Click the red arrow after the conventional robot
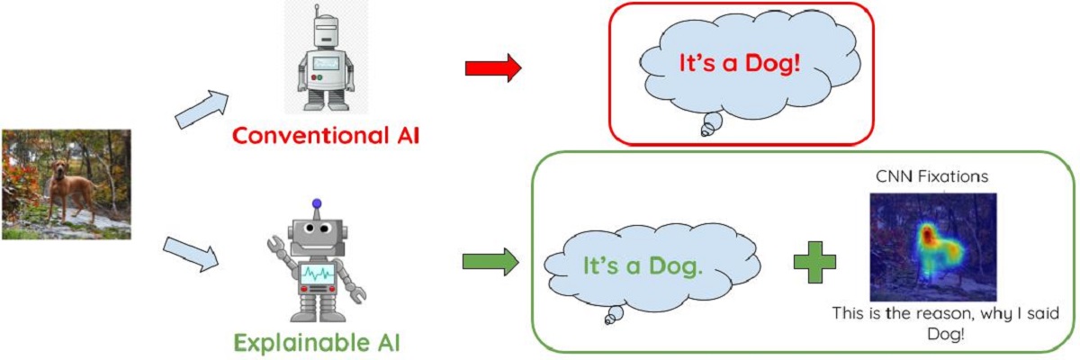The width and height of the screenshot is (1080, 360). [492, 67]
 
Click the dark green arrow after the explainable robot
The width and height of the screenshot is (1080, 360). [490, 263]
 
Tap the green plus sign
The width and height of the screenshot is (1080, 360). [814, 261]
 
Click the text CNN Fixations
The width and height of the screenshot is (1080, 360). [931, 178]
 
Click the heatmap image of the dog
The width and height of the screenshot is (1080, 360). [932, 247]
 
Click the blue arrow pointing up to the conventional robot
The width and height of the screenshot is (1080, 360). [200, 108]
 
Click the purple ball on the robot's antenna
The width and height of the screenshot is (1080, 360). [316, 204]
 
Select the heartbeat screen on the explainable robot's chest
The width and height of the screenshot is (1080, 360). [318, 271]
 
